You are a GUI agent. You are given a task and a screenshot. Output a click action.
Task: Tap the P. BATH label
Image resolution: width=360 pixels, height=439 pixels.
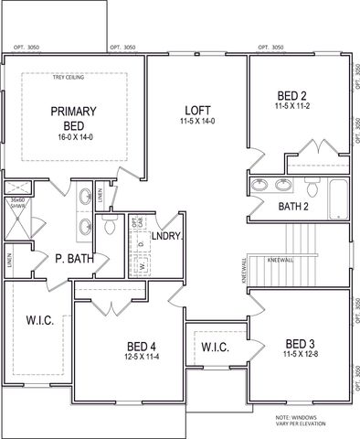[x=74, y=260]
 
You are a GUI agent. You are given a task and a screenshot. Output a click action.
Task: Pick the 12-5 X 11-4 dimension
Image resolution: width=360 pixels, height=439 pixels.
[x=142, y=357]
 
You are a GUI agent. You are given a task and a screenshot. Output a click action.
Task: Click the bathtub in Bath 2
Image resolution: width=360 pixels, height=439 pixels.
[x=336, y=194]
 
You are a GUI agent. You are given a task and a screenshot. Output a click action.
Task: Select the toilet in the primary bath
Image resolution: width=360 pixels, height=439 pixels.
[x=111, y=224]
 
